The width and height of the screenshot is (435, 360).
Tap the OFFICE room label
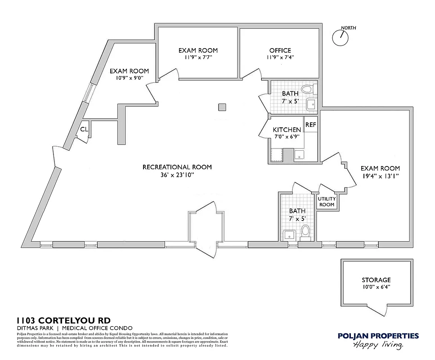[280, 50]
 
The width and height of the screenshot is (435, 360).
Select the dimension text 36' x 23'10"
[177, 175]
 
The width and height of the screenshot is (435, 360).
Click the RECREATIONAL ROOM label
[177, 167]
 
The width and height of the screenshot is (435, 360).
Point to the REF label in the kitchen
[310, 125]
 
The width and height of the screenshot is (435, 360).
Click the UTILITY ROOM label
[327, 202]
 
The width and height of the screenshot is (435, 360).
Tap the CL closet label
[84, 130]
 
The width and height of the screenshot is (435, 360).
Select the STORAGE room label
[376, 279]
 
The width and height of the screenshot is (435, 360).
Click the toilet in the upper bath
[308, 89]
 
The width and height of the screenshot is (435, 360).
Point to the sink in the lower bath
[288, 234]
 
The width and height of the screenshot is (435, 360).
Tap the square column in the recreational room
[221, 107]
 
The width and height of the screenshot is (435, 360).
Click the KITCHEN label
[287, 130]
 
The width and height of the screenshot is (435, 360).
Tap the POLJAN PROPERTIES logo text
[378, 336]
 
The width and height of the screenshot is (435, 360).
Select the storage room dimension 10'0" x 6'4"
[376, 287]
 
